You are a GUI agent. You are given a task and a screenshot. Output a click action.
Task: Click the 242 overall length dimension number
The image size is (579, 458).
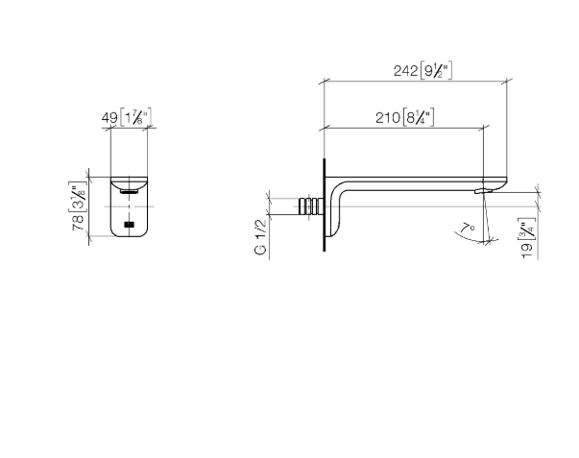click(406, 70)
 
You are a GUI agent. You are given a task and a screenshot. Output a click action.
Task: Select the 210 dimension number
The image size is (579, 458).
click(388, 118)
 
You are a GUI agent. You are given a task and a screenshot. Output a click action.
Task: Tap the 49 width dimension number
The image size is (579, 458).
click(109, 118)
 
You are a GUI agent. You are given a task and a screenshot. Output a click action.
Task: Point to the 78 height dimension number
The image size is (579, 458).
click(79, 223)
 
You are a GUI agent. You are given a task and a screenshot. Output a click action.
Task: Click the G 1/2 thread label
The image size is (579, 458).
click(260, 237)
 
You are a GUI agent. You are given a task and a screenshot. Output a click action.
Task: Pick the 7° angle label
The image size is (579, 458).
click(468, 229)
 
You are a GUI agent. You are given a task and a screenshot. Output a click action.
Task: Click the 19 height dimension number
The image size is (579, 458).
click(527, 251)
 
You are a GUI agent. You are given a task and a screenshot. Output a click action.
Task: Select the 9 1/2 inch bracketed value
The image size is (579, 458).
click(436, 70)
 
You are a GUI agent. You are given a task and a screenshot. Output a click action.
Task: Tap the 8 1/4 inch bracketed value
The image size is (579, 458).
click(419, 118)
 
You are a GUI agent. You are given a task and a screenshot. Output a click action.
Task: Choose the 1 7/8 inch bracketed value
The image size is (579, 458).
click(135, 118)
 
